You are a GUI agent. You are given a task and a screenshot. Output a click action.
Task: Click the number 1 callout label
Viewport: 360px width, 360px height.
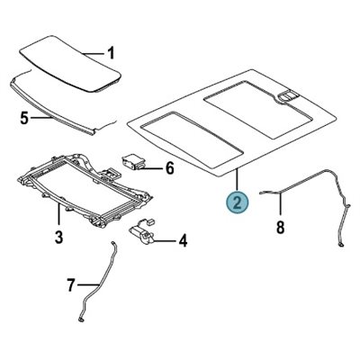(x=111, y=54)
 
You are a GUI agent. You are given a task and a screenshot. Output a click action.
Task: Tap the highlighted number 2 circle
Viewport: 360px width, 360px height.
(x=236, y=202)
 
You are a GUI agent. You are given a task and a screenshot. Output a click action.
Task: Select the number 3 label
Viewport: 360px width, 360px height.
(x=57, y=238)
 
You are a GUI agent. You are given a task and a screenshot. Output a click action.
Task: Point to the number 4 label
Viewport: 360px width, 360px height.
(x=183, y=240)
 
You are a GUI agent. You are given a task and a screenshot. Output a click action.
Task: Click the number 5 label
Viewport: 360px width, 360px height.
(x=24, y=117)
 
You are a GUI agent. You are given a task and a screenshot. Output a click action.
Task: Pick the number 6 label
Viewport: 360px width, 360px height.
(x=169, y=167)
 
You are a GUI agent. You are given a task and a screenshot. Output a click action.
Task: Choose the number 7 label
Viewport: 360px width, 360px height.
(x=72, y=286)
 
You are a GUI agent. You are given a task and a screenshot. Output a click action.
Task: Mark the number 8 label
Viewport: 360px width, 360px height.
(x=280, y=228)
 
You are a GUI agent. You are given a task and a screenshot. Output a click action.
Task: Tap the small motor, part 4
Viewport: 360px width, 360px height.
(x=144, y=231)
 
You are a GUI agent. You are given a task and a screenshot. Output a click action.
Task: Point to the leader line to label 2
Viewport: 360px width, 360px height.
(x=236, y=180)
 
